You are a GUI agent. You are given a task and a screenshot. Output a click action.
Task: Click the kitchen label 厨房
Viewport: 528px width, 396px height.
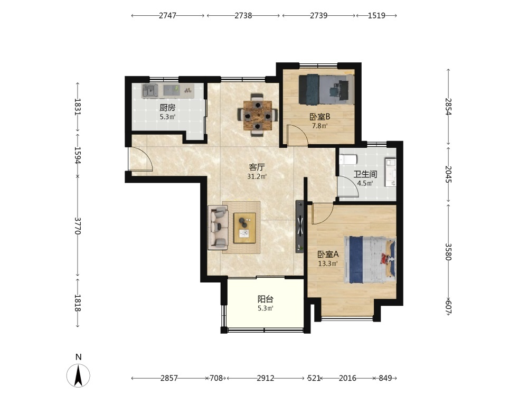(167, 108)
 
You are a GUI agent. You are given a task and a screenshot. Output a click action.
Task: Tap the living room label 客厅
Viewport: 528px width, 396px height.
(257, 167)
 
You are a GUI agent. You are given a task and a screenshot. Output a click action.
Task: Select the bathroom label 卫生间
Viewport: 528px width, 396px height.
(365, 174)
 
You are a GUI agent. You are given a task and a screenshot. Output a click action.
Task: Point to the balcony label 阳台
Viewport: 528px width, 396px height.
(266, 299)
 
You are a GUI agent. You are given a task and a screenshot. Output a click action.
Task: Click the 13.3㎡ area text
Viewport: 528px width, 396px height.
(328, 263)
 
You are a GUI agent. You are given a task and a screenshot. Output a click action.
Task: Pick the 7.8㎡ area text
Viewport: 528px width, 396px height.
(319, 126)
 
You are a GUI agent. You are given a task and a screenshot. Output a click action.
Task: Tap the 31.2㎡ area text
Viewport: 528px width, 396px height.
(257, 176)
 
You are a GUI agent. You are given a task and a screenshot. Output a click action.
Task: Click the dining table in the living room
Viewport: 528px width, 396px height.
(258, 115)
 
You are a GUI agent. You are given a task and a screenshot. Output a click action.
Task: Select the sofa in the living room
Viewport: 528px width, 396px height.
(218, 227)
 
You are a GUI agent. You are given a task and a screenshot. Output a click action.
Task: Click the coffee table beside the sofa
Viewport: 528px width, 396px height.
(245, 228)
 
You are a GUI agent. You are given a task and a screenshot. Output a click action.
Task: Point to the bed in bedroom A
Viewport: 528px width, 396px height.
(370, 260)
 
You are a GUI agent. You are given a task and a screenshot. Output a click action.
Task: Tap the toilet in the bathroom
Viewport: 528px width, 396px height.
(347, 159)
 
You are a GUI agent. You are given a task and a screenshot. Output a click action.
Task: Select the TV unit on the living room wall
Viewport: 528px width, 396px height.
(300, 227)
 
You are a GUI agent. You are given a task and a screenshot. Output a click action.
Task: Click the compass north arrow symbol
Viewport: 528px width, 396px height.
(79, 375)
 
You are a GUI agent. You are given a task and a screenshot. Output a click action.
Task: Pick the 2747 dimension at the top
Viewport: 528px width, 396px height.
(168, 15)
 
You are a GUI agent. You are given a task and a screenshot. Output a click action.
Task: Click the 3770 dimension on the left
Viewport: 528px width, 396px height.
(78, 226)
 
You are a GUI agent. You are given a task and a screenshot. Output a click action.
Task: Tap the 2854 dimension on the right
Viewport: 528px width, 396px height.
(448, 107)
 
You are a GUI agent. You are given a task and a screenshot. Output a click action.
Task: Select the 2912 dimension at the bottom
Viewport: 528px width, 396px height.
(266, 378)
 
